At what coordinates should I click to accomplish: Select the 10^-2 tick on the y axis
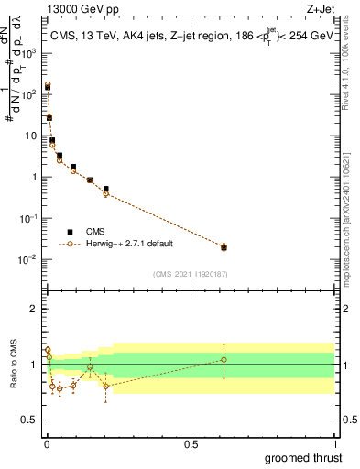tap(32, 259)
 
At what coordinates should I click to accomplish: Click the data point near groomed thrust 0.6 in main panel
tap(224, 247)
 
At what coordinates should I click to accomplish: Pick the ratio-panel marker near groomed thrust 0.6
tap(224, 360)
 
